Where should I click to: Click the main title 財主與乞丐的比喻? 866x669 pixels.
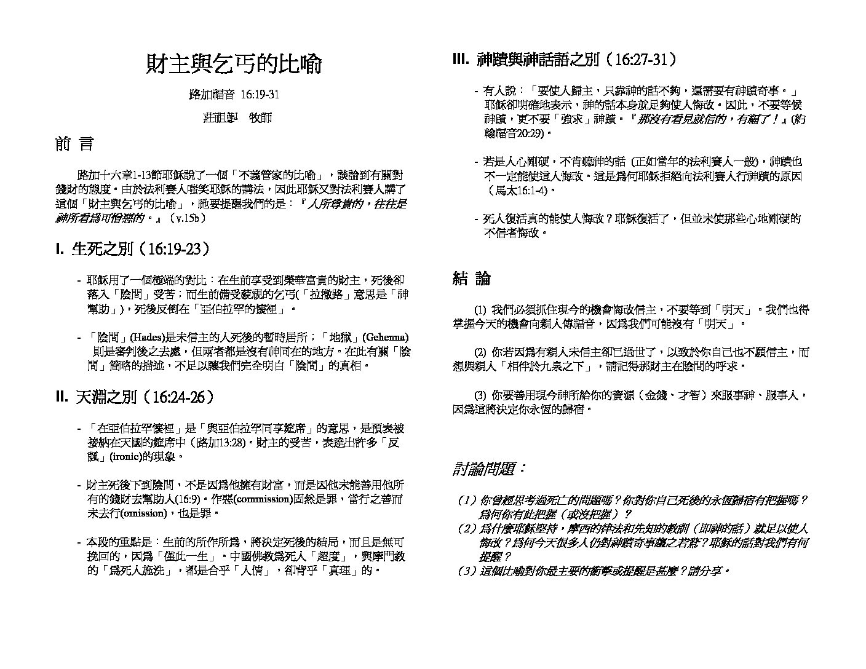234,64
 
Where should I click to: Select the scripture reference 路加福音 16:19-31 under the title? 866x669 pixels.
234,95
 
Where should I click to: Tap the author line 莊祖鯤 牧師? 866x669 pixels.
237,117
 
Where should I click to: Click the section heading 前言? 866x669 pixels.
74,144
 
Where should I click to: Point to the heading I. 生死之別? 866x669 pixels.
133,249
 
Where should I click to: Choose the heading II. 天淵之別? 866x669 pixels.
135,397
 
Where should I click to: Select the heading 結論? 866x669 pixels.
471,279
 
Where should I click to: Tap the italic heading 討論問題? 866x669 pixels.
490,469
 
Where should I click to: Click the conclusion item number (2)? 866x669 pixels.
480,352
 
